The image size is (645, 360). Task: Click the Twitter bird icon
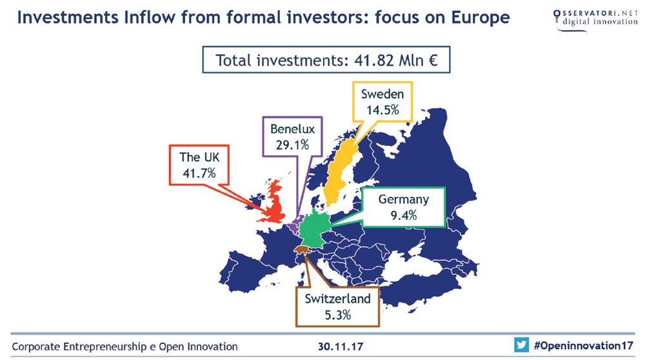click(x=521, y=345)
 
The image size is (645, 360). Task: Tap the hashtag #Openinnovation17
click(x=584, y=345)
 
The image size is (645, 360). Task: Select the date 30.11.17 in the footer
click(x=341, y=346)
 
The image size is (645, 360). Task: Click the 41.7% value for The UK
click(x=199, y=173)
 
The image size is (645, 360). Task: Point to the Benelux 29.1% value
click(x=292, y=145)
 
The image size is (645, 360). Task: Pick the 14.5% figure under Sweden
click(x=382, y=110)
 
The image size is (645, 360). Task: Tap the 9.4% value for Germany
click(x=404, y=215)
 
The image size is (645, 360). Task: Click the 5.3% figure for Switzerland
click(x=338, y=315)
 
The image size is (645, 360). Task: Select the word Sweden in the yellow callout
click(x=382, y=94)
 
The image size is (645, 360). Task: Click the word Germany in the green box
click(x=404, y=199)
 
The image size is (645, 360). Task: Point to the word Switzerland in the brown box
click(x=338, y=299)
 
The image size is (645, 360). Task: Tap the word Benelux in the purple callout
click(x=292, y=129)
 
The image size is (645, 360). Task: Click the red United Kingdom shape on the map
click(x=273, y=204)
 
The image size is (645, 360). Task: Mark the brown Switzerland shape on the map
click(x=302, y=250)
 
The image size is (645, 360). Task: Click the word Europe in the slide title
click(x=480, y=17)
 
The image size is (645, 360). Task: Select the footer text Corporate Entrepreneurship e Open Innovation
click(x=124, y=347)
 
